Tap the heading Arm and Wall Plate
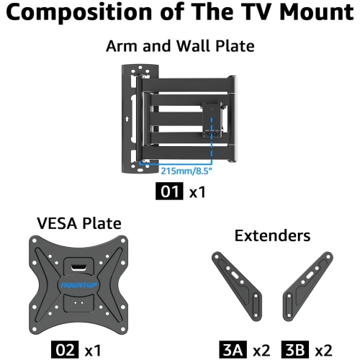tap(179, 47)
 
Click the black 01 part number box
tap(169, 192)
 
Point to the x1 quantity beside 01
tap(198, 192)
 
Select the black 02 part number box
tap(64, 350)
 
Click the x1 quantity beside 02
tap(93, 350)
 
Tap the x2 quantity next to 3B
tap(324, 350)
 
